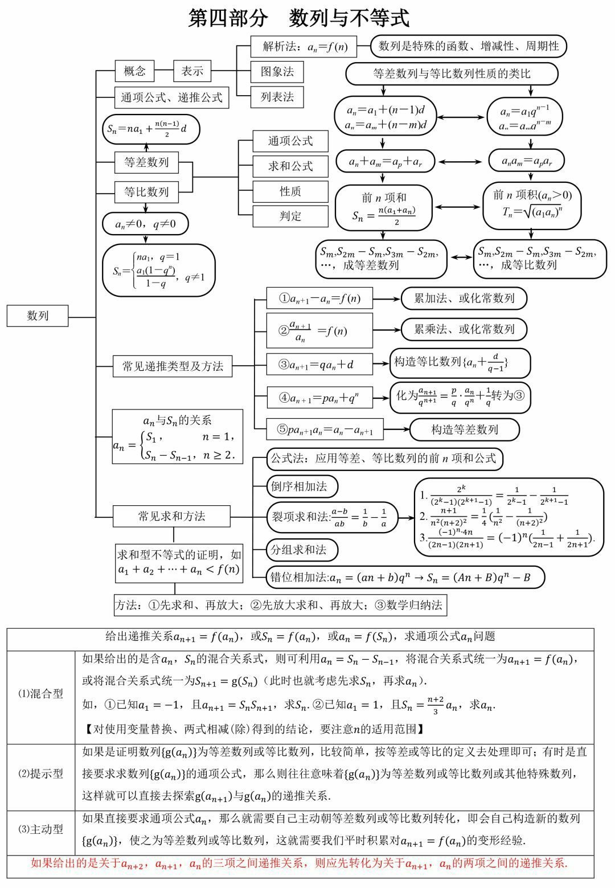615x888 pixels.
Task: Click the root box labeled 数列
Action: pyautogui.click(x=38, y=316)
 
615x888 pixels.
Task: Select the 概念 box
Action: pyautogui.click(x=135, y=71)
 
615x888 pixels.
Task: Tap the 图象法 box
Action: pyautogui.click(x=277, y=72)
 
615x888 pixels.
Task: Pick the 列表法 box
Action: pyautogui.click(x=277, y=97)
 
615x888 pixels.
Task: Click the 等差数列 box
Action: pyautogui.click(x=146, y=162)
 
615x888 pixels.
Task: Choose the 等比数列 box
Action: pyautogui.click(x=146, y=191)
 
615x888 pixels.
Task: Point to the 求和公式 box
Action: pyautogui.click(x=290, y=166)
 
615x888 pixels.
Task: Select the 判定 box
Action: pyautogui.click(x=290, y=216)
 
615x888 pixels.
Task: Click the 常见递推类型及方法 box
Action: pyautogui.click(x=173, y=366)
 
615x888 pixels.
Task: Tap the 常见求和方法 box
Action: pyautogui.click(x=171, y=516)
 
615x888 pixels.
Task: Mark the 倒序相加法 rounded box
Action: pyautogui.click(x=302, y=486)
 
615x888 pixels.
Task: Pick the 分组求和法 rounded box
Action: pyautogui.click(x=302, y=550)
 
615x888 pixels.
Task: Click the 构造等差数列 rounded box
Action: pyautogui.click(x=465, y=429)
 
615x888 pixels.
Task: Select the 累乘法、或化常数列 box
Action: pyautogui.click(x=464, y=329)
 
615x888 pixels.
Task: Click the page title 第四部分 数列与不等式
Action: pyautogui.click(x=298, y=18)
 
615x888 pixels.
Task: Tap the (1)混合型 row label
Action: pyautogui.click(x=41, y=694)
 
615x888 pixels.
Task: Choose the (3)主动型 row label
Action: pyautogui.click(x=41, y=829)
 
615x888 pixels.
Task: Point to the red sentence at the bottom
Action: pyautogui.click(x=300, y=864)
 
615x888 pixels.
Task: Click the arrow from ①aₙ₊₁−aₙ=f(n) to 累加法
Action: pyautogui.click(x=387, y=298)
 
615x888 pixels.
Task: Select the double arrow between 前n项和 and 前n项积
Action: pyautogui.click(x=457, y=207)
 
